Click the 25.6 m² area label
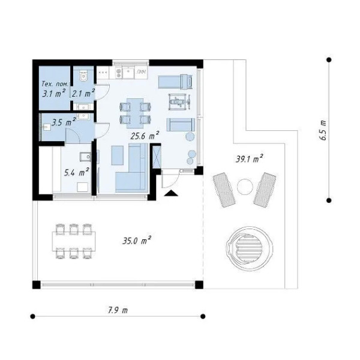pyautogui.click(x=145, y=136)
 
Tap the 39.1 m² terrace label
pyautogui.click(x=249, y=158)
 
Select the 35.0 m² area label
pyautogui.click(x=137, y=241)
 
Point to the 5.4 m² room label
pyautogui.click(x=76, y=172)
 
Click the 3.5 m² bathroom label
pyautogui.click(x=64, y=122)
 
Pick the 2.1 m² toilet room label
pyautogui.click(x=83, y=94)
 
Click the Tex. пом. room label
pyautogui.click(x=55, y=84)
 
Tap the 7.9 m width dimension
pyautogui.click(x=118, y=310)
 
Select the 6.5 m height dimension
pyautogui.click(x=323, y=130)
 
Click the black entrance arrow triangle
pyautogui.click(x=171, y=193)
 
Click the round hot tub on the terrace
pyautogui.click(x=250, y=247)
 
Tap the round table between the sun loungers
pyautogui.click(x=245, y=187)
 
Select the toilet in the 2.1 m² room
pyautogui.click(x=83, y=75)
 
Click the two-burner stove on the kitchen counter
pyautogui.click(x=118, y=73)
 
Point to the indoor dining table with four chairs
pyautogui.click(x=135, y=113)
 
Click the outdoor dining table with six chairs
pyautogui.click(x=74, y=241)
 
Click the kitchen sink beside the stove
pyautogui.click(x=129, y=73)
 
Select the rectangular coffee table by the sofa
pyautogui.click(x=118, y=155)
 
